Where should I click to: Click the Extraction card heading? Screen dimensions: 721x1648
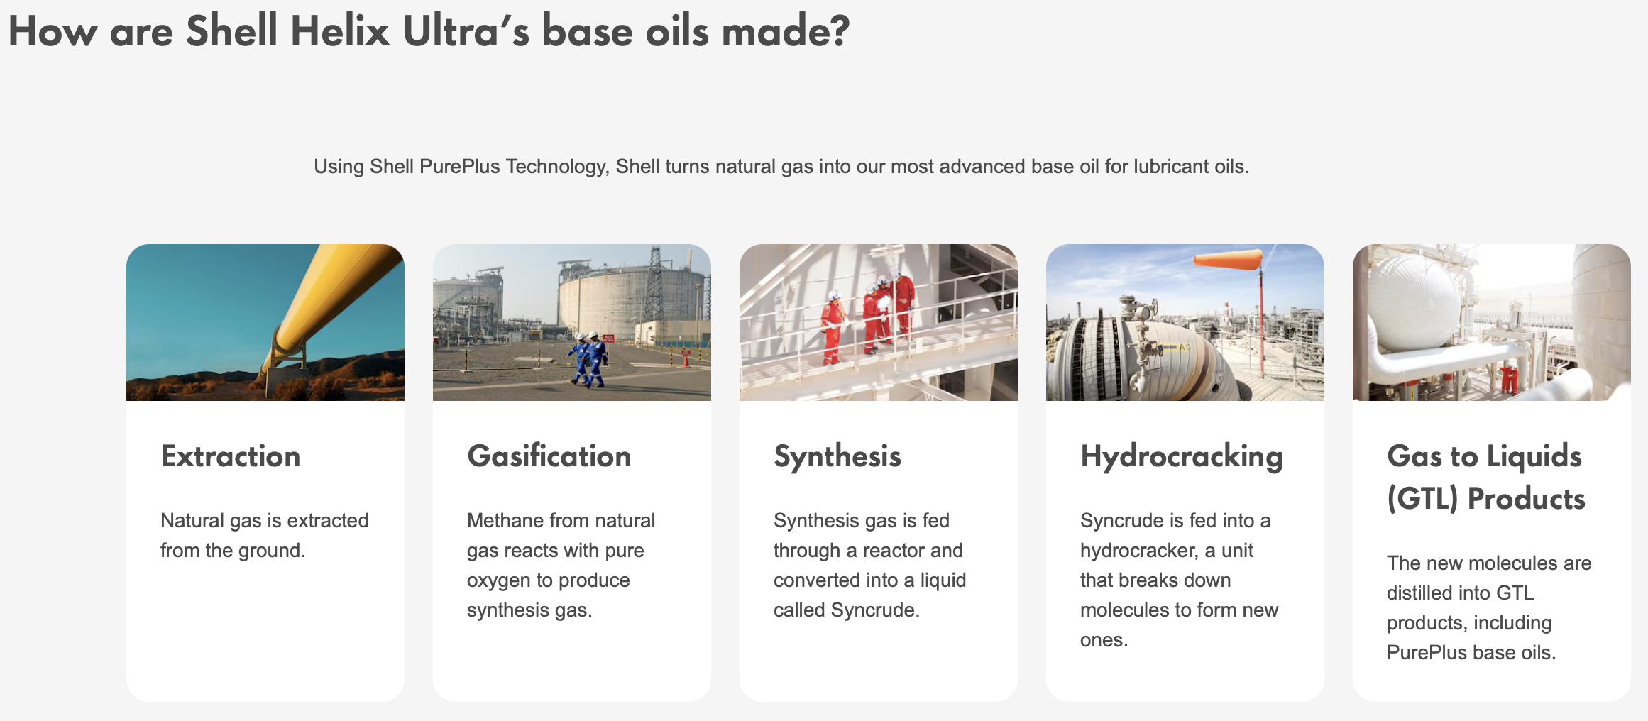tap(230, 456)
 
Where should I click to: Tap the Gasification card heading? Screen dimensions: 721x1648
tap(549, 456)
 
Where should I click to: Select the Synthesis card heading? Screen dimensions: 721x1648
tap(837, 456)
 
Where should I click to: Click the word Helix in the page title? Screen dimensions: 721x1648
tap(340, 33)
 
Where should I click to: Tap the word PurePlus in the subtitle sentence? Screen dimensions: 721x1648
tap(459, 167)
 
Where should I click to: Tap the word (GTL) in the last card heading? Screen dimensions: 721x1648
tap(1422, 500)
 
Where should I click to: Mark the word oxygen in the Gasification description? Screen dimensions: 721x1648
tap(498, 581)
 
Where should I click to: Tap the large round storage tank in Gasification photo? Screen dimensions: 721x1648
tap(603, 302)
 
